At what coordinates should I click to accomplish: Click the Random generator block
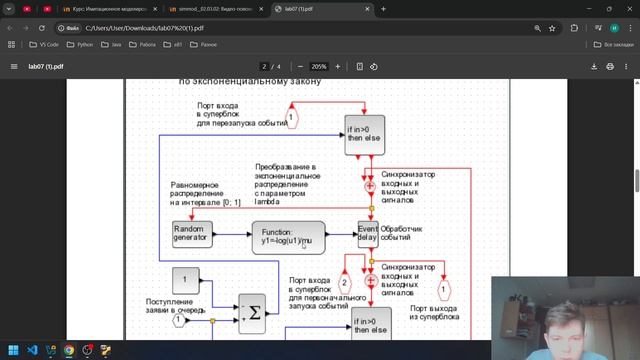pos(192,234)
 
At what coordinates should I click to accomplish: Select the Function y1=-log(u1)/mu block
pos(288,236)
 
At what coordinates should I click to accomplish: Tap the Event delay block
pos(368,234)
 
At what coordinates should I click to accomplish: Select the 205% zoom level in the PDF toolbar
pos(319,66)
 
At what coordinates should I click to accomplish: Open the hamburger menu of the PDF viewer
pos(14,66)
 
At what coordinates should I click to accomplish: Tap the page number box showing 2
pos(263,66)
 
